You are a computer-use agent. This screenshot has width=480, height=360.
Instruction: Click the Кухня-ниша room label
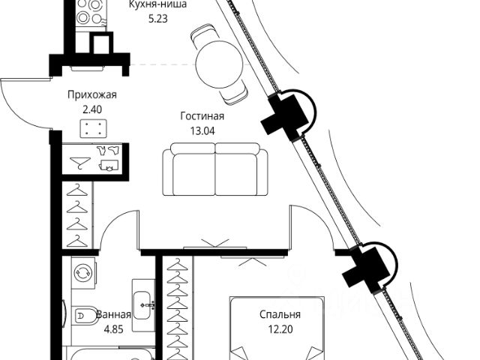(x=157, y=4)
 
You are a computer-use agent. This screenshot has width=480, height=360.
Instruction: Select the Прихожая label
(x=93, y=95)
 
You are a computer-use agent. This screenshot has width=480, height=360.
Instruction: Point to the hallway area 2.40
(x=92, y=109)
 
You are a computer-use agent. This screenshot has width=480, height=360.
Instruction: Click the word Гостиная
(x=202, y=116)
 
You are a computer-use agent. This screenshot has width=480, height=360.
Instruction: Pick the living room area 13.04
(x=202, y=130)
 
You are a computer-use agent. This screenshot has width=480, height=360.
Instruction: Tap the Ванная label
(x=113, y=315)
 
